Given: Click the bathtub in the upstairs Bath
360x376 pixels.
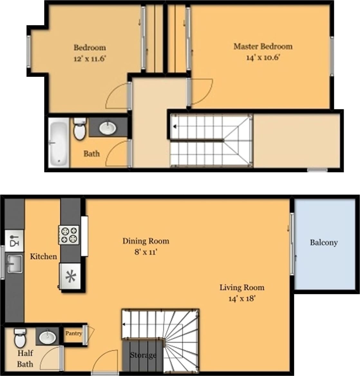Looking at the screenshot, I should (x=59, y=142).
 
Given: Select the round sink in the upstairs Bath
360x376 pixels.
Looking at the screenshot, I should (x=107, y=128).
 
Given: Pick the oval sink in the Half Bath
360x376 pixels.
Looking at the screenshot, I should (x=48, y=337).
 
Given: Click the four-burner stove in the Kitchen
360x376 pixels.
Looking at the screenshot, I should (x=69, y=235).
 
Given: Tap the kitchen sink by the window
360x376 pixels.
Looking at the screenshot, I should (x=15, y=264).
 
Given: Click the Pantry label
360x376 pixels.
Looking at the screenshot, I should (x=73, y=334).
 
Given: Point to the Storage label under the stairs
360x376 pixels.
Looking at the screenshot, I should (x=143, y=355).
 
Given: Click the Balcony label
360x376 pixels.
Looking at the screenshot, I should (x=324, y=243).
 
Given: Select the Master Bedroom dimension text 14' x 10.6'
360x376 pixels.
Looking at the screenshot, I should (x=262, y=58).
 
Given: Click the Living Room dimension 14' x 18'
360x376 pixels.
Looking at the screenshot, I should (x=242, y=298).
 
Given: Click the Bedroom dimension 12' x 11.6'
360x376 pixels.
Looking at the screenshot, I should (x=90, y=59).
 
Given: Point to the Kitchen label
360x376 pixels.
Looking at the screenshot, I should (x=43, y=256).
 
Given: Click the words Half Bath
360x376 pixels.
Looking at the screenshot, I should (x=25, y=359).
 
